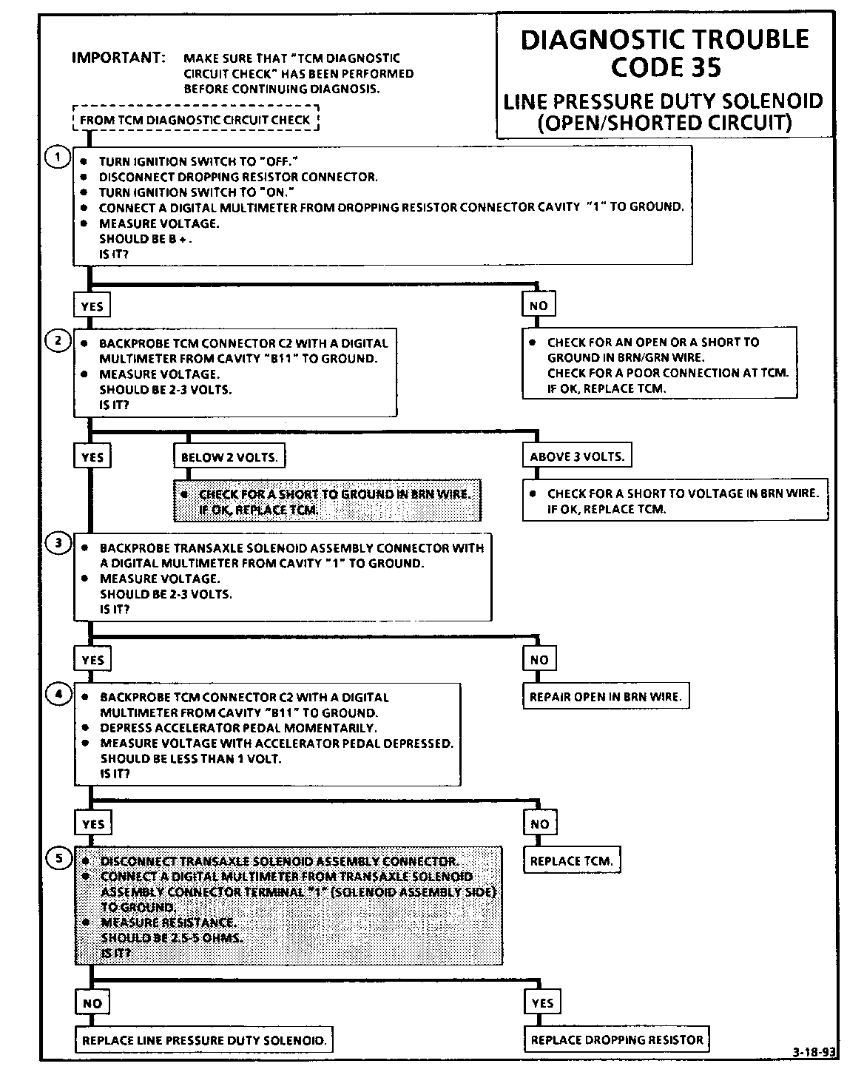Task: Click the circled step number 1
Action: tap(57, 158)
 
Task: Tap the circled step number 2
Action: tap(57, 340)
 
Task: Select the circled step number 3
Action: tap(58, 543)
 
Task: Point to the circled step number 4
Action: tap(58, 694)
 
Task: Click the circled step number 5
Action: tap(58, 858)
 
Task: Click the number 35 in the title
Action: tap(705, 67)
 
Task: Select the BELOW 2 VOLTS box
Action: tap(229, 457)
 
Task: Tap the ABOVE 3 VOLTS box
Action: tap(577, 456)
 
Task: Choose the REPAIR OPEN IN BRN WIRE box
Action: tap(606, 697)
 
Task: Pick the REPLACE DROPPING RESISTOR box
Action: tap(617, 1039)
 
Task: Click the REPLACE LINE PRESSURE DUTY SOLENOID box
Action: tap(204, 1040)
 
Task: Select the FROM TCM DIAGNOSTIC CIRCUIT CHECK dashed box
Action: tap(195, 119)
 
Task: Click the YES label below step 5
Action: tap(542, 1003)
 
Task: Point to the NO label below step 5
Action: tap(92, 1003)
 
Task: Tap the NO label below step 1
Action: tap(539, 306)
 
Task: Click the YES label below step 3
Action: tap(92, 660)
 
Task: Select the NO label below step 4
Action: tap(539, 823)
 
